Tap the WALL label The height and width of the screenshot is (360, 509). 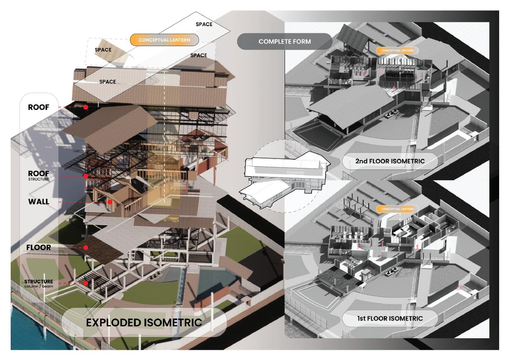(x=39, y=202)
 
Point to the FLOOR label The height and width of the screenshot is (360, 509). (x=39, y=248)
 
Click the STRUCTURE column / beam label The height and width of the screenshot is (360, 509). (x=39, y=283)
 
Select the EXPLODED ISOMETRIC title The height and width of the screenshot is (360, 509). (x=144, y=322)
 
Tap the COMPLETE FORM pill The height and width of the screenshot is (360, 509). (x=285, y=42)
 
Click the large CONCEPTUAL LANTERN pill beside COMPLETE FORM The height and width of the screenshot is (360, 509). (x=164, y=40)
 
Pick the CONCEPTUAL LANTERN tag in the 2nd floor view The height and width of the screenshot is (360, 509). (x=397, y=50)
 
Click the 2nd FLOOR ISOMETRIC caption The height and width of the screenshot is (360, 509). (x=390, y=161)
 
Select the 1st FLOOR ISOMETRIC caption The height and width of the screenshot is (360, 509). (x=390, y=318)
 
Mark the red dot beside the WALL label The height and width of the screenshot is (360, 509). (x=110, y=202)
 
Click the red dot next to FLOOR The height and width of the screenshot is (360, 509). (x=86, y=248)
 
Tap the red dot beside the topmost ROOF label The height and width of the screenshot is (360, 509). (x=86, y=107)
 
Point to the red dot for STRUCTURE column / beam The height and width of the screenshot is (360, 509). (x=86, y=283)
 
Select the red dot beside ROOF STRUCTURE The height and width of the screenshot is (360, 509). (x=86, y=176)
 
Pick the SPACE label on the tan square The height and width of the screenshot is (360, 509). (x=103, y=50)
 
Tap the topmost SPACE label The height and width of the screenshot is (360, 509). (x=204, y=24)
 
